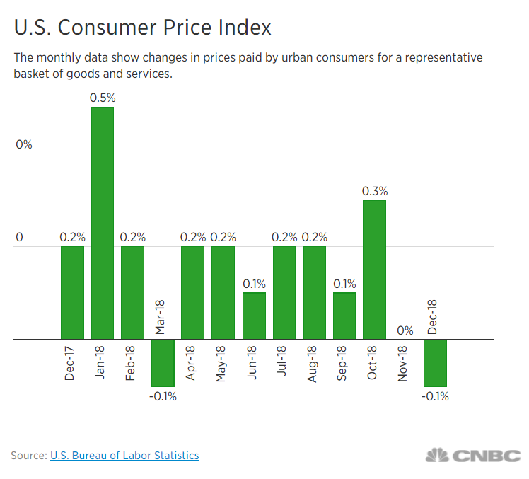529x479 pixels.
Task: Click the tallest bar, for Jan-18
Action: [103, 223]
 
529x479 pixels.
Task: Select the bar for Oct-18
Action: [375, 270]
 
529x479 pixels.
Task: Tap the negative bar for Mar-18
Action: [163, 362]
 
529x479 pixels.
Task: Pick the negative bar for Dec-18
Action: [435, 362]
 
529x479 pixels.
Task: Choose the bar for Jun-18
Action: [254, 316]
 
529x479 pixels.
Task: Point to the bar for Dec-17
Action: [72, 292]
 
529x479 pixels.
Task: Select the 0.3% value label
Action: [375, 191]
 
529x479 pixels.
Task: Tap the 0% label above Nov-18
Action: [405, 330]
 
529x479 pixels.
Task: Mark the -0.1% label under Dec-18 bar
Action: [435, 396]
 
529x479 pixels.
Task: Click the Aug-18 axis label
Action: [313, 363]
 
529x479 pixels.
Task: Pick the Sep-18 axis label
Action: [344, 363]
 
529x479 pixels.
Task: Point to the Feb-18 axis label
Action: [132, 363]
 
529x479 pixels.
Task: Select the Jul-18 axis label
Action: [284, 363]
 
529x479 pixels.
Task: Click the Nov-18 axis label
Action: [405, 363]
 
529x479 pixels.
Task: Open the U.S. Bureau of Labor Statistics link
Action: [124, 456]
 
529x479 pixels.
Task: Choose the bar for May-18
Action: [223, 292]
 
